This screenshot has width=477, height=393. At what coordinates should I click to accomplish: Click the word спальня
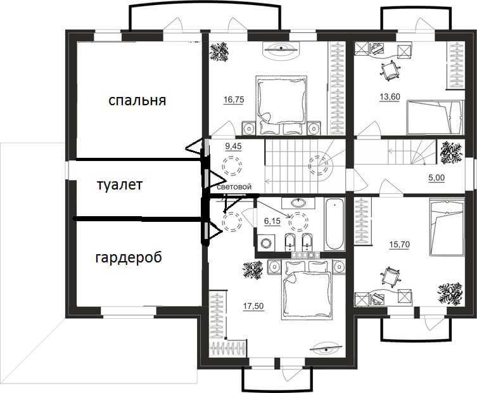click(x=137, y=100)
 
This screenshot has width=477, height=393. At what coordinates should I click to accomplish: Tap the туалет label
click(x=120, y=185)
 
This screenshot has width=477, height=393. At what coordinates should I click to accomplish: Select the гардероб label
click(x=129, y=258)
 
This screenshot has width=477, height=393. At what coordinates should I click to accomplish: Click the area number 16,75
click(x=234, y=100)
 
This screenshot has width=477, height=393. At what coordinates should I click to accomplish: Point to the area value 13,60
click(x=390, y=97)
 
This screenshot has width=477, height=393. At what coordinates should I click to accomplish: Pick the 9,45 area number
click(x=233, y=146)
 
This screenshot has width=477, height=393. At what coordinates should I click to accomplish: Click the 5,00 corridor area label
click(x=436, y=177)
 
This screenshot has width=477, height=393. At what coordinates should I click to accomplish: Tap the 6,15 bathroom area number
click(x=272, y=221)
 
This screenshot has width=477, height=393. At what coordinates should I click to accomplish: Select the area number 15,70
click(x=400, y=245)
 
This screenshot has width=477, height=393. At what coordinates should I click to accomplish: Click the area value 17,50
click(x=253, y=306)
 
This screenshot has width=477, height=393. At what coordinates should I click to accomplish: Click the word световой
click(x=234, y=186)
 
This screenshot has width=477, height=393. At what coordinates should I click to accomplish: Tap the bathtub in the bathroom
click(x=334, y=224)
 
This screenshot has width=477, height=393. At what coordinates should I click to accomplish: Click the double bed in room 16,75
click(x=281, y=105)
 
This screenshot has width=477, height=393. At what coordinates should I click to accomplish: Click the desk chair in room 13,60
click(x=389, y=70)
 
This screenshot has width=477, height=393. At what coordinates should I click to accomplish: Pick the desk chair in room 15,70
click(x=390, y=277)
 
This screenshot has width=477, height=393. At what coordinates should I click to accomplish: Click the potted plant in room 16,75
click(x=219, y=51)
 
